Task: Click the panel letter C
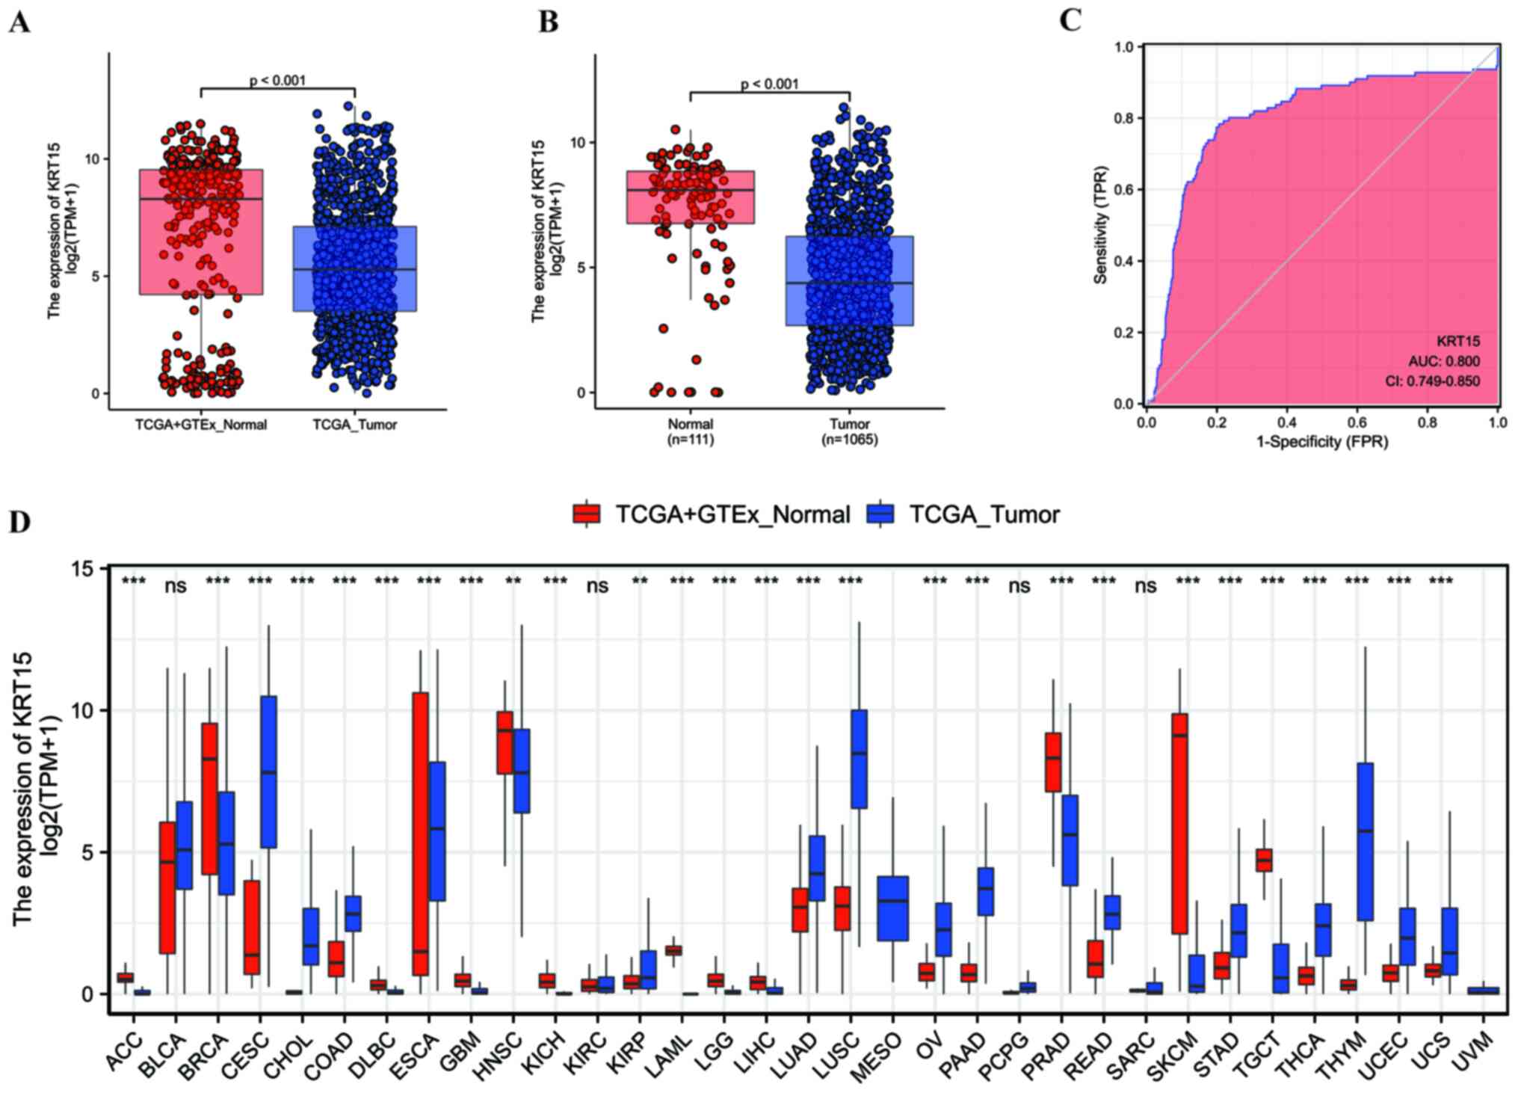tap(1070, 20)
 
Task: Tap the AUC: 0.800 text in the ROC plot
tap(1443, 361)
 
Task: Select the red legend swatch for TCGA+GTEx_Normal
tap(586, 514)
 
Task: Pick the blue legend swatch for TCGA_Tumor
tap(880, 514)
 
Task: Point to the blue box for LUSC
tap(860, 759)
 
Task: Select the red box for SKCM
tap(1180, 823)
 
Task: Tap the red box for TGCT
tap(1264, 860)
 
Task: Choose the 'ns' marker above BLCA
tap(175, 585)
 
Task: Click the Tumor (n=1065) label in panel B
tap(850, 431)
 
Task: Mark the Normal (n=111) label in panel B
tap(690, 431)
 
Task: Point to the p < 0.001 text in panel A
tap(277, 80)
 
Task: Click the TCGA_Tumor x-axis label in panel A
tap(354, 425)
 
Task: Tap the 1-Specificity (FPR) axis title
tap(1321, 442)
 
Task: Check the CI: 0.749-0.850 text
tap(1432, 381)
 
